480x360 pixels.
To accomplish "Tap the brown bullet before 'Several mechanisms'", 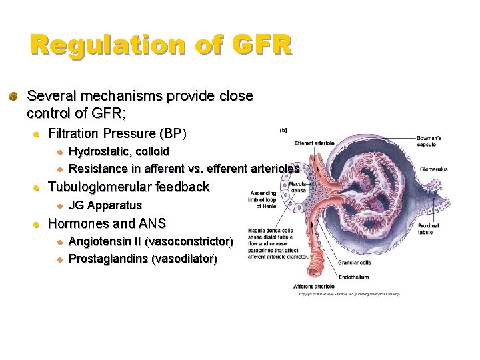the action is tap(13, 97).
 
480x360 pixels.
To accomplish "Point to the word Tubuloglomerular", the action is tap(101, 187).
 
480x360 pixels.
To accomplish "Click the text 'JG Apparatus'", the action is tap(105, 205).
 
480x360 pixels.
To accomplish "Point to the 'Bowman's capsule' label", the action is tap(429, 141).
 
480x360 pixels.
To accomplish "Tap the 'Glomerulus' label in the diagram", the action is tap(434, 169).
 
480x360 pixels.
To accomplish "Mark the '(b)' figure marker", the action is tap(283, 131).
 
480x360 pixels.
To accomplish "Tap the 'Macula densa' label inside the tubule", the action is tap(298, 187).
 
